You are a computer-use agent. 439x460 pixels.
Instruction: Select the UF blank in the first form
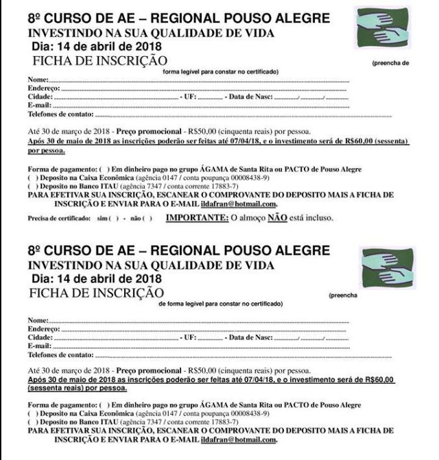pos(210,98)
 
